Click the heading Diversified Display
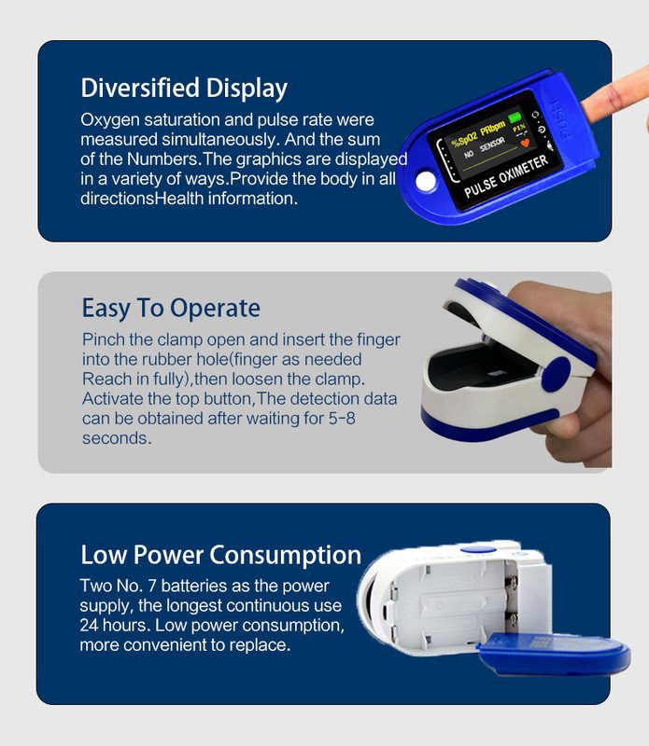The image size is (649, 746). click(x=184, y=89)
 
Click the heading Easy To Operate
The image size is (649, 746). click(x=171, y=309)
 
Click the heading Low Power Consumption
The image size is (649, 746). click(x=220, y=555)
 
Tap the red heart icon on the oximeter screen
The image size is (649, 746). click(x=525, y=143)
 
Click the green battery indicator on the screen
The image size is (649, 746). click(x=515, y=117)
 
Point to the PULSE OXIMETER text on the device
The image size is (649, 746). click(x=506, y=176)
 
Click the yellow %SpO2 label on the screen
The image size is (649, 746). click(x=464, y=137)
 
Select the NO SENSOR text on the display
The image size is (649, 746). click(x=484, y=148)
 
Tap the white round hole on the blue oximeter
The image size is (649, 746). click(x=425, y=181)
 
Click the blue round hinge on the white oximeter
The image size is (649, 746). click(x=556, y=374)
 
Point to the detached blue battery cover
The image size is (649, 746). click(x=554, y=654)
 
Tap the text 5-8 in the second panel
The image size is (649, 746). click(x=342, y=418)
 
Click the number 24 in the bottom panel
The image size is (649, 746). click(x=89, y=625)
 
